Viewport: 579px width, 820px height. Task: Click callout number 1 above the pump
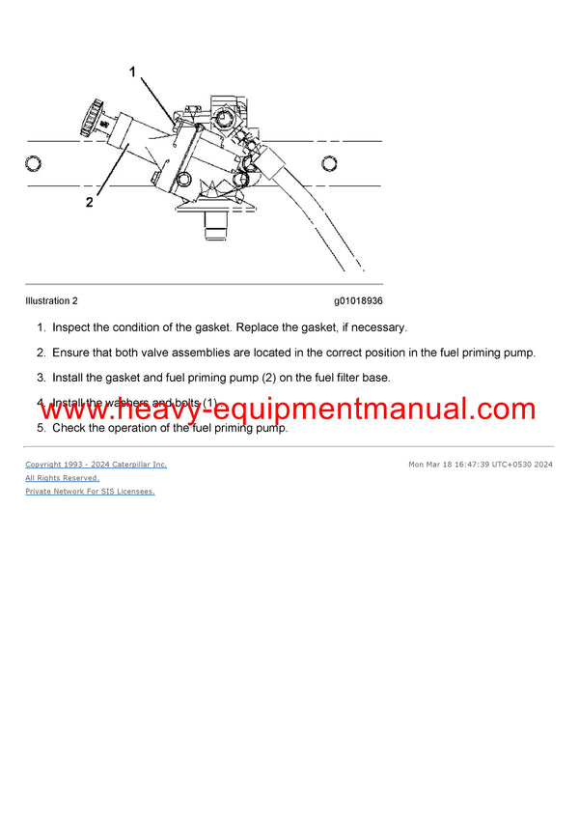[x=133, y=71]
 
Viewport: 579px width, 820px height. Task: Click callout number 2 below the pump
[x=90, y=203]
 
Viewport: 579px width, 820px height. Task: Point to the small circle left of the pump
[x=34, y=163]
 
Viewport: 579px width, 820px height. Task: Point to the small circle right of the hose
[x=329, y=163]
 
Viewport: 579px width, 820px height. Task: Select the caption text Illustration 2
[x=51, y=300]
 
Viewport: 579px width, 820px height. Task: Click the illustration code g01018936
[x=358, y=300]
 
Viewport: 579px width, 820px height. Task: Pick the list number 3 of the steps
[x=41, y=378]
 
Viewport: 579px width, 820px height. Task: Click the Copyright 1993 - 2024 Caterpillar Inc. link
[x=96, y=465]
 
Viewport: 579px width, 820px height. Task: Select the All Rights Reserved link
[x=62, y=478]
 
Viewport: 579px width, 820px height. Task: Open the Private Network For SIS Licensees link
[x=90, y=492]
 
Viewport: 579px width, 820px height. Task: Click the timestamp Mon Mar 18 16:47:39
[x=450, y=465]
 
